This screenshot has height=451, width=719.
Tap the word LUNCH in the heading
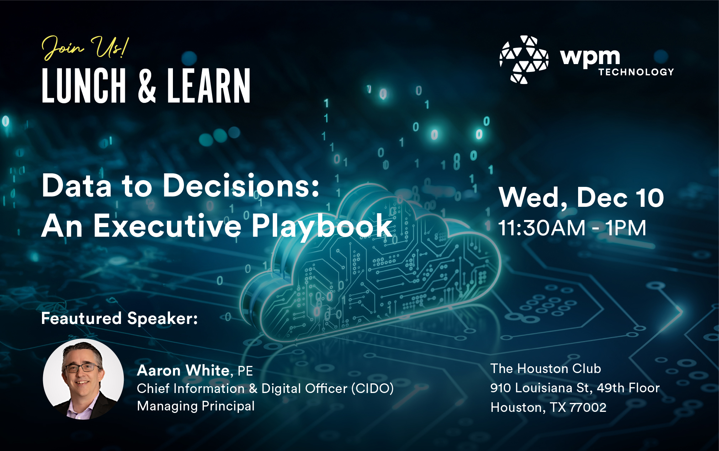(84, 86)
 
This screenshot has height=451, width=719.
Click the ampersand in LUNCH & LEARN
(147, 86)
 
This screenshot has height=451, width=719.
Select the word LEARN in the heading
(209, 86)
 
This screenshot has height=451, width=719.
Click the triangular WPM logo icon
(524, 59)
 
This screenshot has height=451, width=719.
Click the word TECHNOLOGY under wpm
(636, 72)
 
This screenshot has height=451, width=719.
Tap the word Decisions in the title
(241, 185)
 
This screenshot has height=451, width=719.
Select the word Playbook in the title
(322, 226)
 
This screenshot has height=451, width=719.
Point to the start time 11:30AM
(542, 228)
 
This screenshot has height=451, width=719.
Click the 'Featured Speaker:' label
(120, 318)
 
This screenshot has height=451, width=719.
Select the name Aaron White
(183, 371)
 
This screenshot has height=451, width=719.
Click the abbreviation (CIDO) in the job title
(372, 388)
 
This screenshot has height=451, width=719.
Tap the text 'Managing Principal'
(196, 406)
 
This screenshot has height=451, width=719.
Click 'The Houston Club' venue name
(546, 368)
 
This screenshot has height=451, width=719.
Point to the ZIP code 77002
(588, 407)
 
